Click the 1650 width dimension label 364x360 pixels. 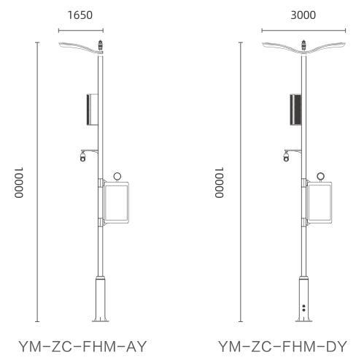80,15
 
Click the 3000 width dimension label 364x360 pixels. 303,15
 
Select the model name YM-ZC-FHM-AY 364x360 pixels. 82,346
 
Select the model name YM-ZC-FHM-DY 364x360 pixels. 282,346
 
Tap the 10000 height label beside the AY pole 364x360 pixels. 19,183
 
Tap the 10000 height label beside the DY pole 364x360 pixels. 219,183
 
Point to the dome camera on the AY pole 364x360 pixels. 83,156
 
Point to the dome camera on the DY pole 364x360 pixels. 286,156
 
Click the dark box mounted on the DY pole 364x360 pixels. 295,110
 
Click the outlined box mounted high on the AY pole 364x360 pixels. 93,110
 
